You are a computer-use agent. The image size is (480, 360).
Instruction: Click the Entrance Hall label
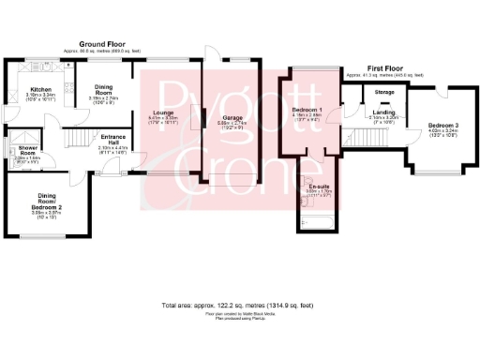tap(112, 139)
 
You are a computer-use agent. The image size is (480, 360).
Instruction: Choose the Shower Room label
tap(22, 152)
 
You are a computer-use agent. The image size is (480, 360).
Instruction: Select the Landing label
tap(356, 112)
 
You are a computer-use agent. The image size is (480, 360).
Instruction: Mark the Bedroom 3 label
tap(442, 125)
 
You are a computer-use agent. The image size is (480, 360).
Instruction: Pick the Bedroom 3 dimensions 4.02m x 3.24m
tap(442, 130)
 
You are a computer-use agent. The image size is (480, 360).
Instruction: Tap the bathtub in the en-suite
tap(318, 221)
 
